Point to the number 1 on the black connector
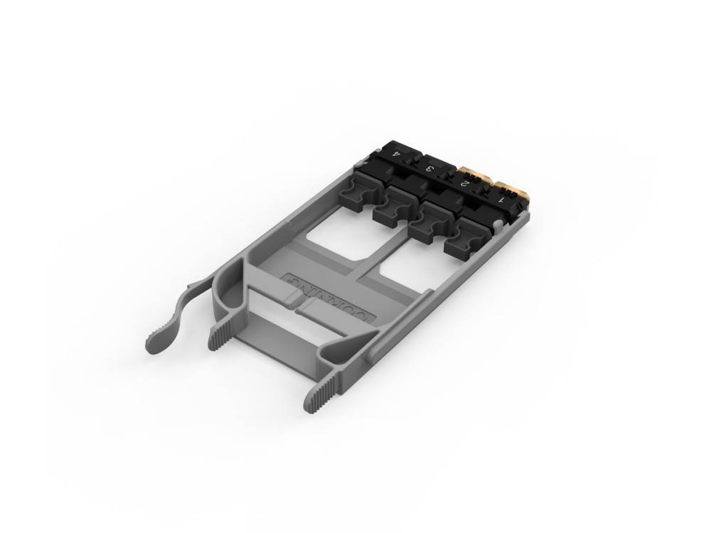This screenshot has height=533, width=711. pyautogui.click(x=502, y=200)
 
